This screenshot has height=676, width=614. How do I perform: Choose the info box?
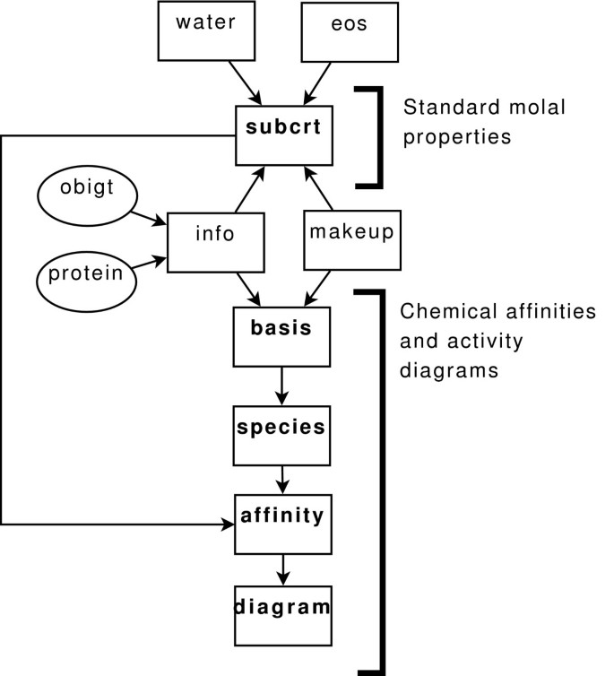(215, 242)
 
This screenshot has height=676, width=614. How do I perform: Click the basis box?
(281, 336)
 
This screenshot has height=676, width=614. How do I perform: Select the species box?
(281, 435)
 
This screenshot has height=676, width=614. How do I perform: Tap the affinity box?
(281, 524)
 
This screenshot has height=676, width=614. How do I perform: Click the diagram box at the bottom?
(281, 615)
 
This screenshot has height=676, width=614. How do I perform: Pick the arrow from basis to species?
(282, 386)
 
